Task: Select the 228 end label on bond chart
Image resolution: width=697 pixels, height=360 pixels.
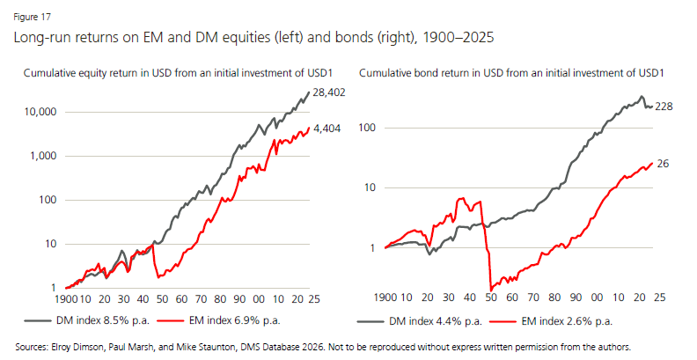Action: [664, 107]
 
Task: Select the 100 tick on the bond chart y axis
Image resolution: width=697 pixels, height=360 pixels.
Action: [369, 127]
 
